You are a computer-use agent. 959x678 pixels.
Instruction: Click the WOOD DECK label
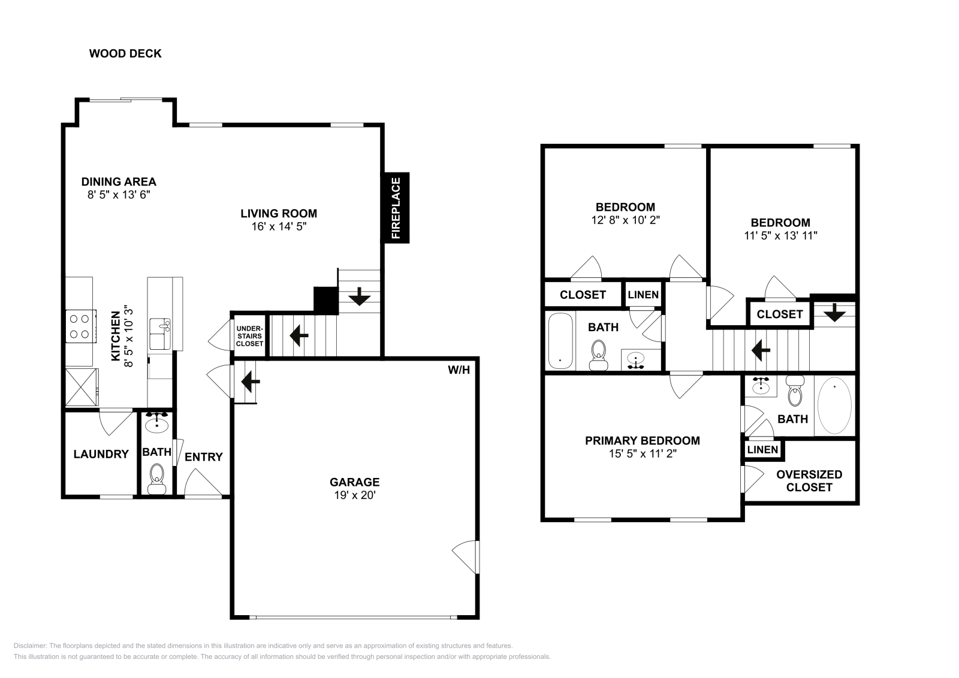(x=125, y=53)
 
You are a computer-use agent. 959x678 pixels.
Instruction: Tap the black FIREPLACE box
(x=396, y=208)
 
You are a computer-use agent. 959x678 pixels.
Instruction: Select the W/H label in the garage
(x=459, y=370)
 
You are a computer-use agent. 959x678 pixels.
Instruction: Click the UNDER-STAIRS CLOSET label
(x=249, y=336)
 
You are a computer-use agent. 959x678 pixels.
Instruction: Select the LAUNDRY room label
(x=101, y=454)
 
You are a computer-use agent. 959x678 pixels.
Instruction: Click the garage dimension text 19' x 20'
(x=354, y=495)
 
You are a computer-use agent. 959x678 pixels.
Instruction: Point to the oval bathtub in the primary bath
(x=834, y=405)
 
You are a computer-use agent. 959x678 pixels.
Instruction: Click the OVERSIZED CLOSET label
(x=809, y=480)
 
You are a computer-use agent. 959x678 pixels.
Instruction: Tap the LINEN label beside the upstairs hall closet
(x=643, y=295)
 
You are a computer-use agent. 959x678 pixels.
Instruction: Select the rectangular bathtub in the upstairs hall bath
(x=560, y=340)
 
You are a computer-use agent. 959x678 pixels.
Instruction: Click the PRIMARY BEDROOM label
(x=642, y=441)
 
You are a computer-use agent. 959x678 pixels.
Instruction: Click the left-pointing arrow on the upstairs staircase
(x=761, y=350)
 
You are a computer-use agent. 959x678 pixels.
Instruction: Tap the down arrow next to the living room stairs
(x=360, y=296)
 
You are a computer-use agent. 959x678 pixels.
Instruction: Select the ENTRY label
(x=203, y=457)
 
